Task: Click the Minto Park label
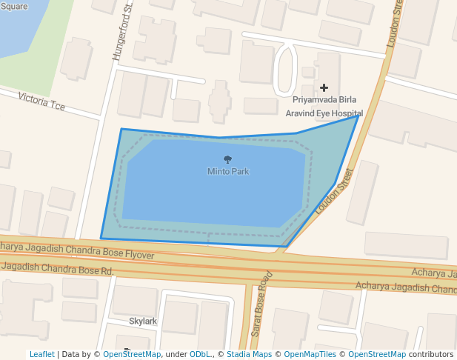coord(227,171)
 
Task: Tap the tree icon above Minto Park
coord(227,159)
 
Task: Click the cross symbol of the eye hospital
coord(324,88)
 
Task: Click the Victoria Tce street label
coord(41,101)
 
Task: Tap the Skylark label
coord(143,321)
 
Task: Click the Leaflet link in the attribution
coord(42,354)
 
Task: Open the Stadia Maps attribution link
coord(249,354)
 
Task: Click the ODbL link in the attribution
coord(200,354)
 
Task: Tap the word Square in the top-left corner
coord(13,5)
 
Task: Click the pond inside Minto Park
coord(215,193)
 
